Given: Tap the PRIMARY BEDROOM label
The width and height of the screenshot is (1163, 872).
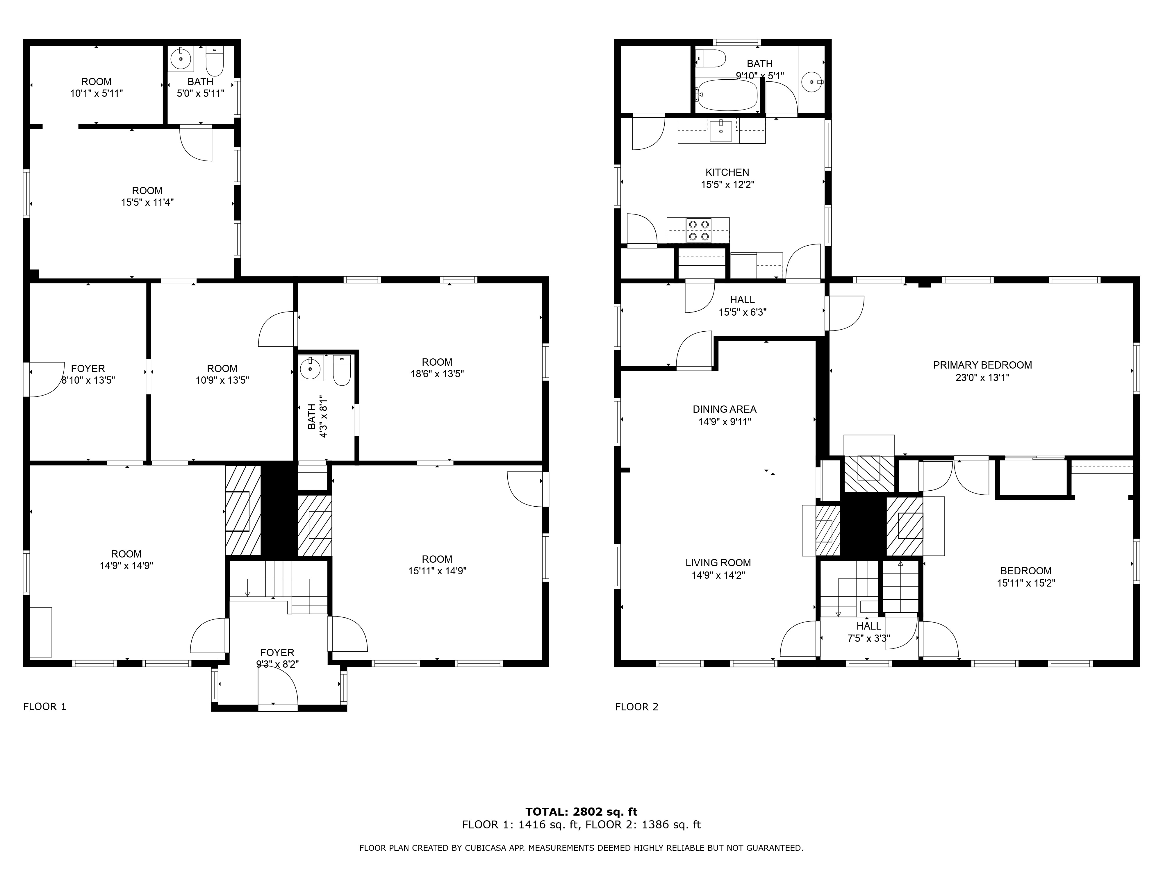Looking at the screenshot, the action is tap(982, 365).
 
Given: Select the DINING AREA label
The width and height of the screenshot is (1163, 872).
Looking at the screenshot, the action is tap(725, 409).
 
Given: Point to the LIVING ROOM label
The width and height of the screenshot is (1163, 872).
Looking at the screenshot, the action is tap(718, 562).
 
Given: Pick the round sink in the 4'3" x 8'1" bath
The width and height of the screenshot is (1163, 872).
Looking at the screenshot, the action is tap(311, 369).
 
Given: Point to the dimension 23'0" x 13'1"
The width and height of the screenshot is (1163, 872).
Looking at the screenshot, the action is tap(982, 377).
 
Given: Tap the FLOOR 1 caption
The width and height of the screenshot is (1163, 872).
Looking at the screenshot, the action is tap(45, 706).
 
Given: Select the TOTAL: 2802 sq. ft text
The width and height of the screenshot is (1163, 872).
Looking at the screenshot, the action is tap(581, 812).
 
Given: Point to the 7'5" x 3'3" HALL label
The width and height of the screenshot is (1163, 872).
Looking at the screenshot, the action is tap(868, 632).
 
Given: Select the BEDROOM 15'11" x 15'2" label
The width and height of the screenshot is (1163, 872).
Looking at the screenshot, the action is tap(1026, 577).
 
